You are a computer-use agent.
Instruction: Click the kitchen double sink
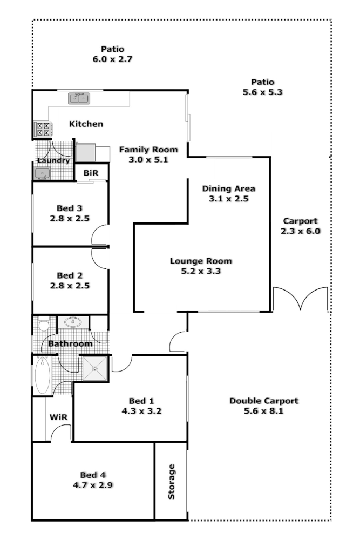click(79, 98)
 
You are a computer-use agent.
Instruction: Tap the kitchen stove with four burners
click(43, 129)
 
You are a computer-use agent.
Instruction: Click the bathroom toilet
click(43, 326)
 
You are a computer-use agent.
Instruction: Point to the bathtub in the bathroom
click(43, 375)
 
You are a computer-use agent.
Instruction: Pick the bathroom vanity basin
click(73, 323)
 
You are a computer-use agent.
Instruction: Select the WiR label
click(58, 417)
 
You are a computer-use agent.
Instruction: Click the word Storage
click(172, 481)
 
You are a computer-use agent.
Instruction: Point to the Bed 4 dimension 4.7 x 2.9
click(93, 485)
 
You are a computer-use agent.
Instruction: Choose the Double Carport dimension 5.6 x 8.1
click(263, 411)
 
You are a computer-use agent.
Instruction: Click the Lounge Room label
click(201, 261)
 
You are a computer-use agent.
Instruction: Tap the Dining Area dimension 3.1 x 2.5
click(228, 199)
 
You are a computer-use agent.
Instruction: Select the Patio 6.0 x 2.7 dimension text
click(112, 59)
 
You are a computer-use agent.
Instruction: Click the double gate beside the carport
click(300, 299)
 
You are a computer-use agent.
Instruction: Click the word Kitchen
click(86, 124)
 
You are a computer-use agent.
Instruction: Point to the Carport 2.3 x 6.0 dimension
click(301, 231)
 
